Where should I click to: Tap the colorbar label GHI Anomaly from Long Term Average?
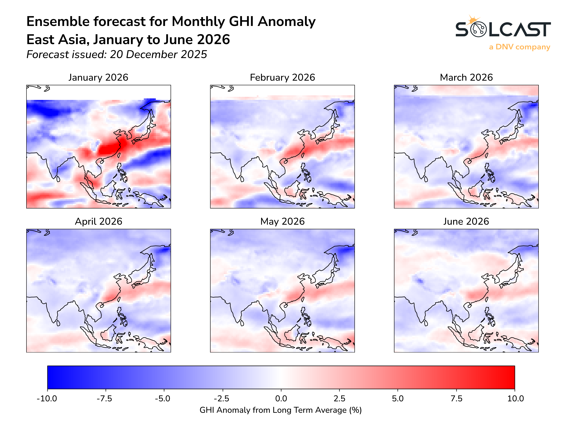280,410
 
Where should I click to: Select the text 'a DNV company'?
519,47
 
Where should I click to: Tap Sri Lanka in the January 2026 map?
58,179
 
